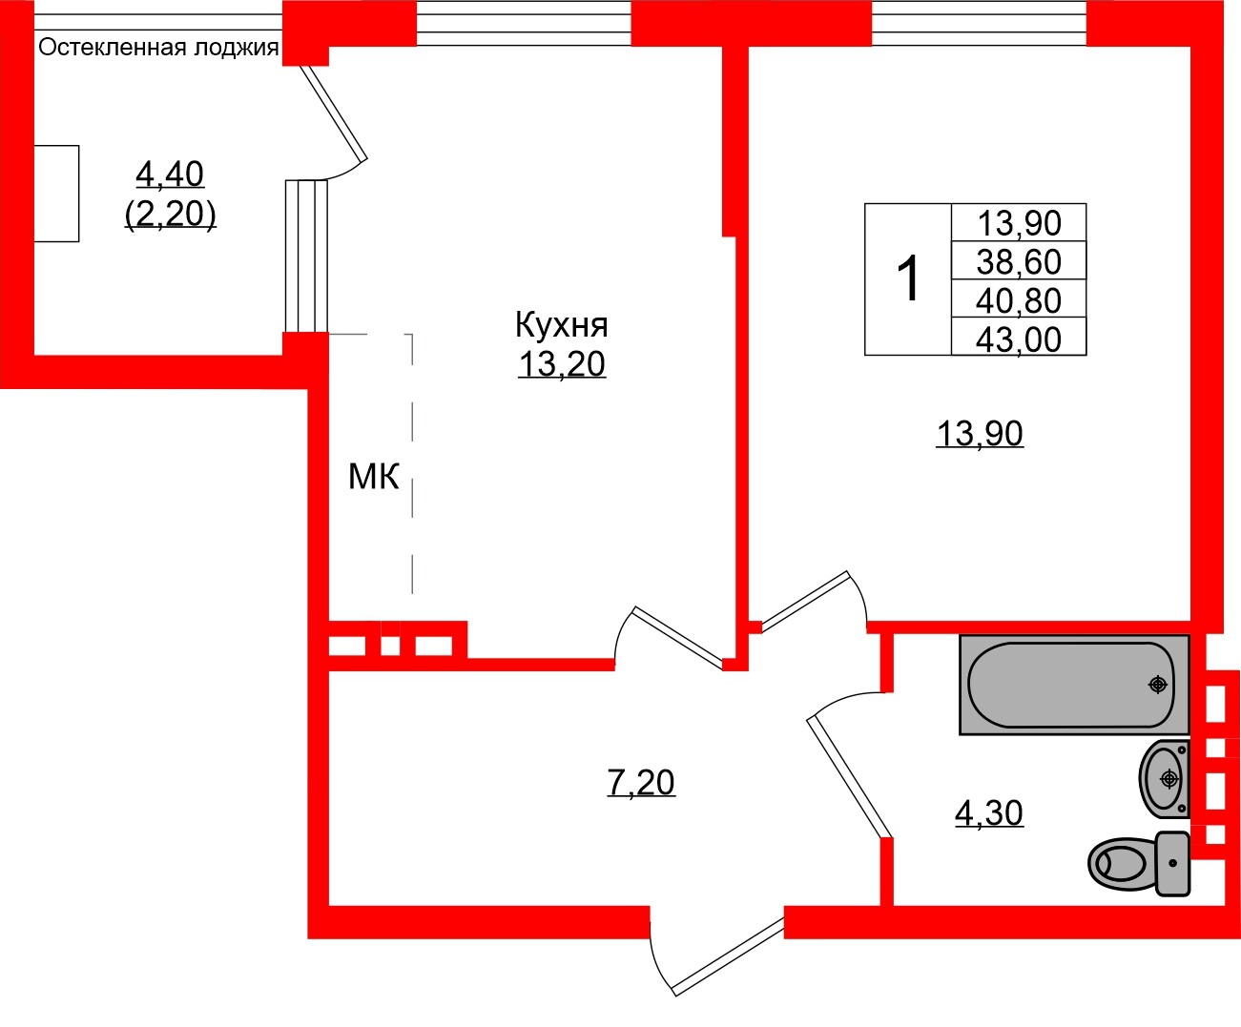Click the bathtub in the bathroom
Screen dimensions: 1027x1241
click(1073, 685)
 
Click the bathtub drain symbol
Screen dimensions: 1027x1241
click(1158, 684)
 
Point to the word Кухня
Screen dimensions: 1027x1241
click(561, 325)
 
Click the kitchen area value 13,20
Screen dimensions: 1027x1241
click(561, 364)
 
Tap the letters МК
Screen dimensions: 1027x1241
click(373, 476)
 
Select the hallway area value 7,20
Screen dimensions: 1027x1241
click(641, 783)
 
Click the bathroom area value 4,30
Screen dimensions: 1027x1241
click(988, 813)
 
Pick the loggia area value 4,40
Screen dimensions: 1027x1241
click(170, 175)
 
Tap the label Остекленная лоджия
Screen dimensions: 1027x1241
click(158, 48)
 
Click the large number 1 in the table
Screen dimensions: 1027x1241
click(909, 279)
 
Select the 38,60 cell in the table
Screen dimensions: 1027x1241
click(1019, 261)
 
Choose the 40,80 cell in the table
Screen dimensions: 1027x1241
click(1019, 300)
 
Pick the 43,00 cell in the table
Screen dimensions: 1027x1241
click(1019, 339)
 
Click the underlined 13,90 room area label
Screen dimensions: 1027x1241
click(980, 434)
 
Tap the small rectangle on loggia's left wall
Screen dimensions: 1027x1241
click(56, 194)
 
